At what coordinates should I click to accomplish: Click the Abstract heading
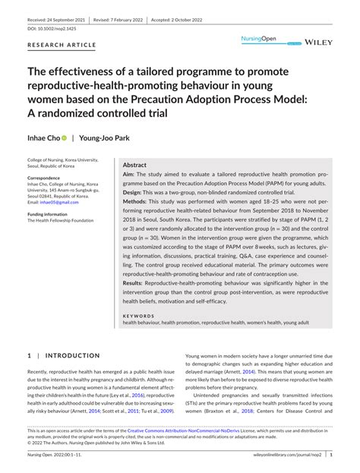click(135, 165)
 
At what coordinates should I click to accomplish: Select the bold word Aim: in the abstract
click(130, 174)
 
